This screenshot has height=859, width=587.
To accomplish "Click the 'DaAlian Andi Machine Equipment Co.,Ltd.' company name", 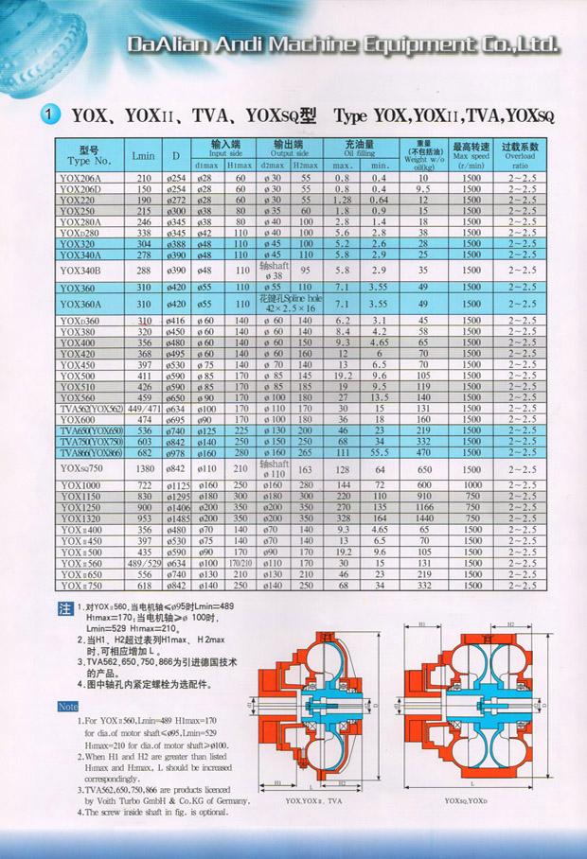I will [342, 44].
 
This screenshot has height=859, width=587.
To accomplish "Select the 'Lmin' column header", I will [143, 154].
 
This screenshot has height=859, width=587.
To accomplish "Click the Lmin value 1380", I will [144, 467].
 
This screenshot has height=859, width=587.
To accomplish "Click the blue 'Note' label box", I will [67, 707].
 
